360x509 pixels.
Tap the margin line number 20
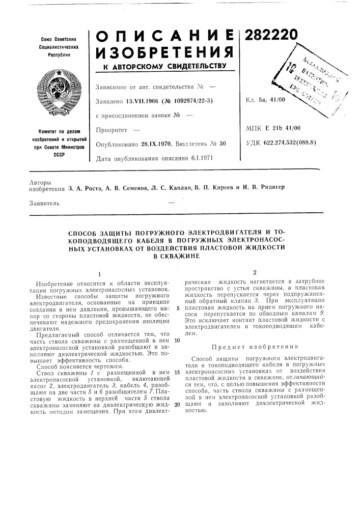(177, 404)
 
